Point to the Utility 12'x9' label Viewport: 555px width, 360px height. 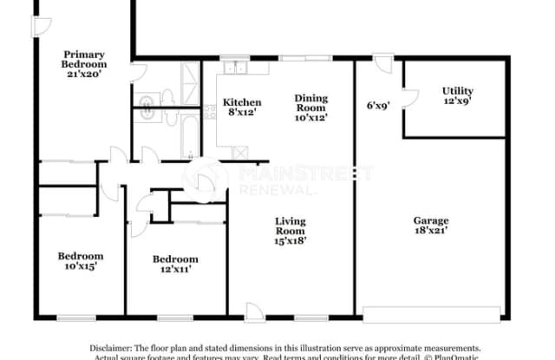457,96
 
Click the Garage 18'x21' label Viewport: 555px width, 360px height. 431,226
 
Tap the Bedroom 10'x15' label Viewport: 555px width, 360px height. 81,261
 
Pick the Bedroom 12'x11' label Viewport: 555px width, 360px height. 175,264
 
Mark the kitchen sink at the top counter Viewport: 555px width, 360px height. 235,68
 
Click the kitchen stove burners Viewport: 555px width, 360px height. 211,112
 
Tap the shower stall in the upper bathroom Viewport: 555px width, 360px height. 189,78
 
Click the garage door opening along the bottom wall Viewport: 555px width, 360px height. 431,312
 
